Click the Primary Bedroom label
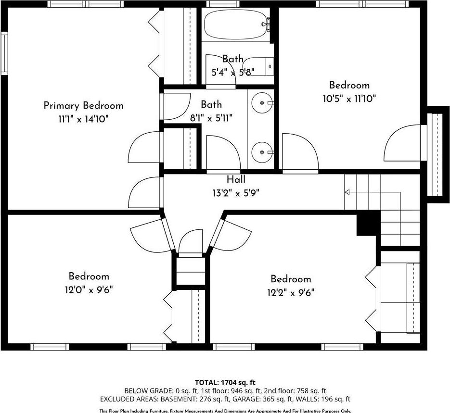tap(83, 105)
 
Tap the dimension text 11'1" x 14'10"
tap(83, 119)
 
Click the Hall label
tap(236, 179)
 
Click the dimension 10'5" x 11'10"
tap(349, 99)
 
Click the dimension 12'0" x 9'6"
tap(89, 289)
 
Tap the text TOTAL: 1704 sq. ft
tap(225, 382)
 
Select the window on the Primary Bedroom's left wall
tap(4, 53)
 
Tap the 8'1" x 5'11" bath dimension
tap(211, 118)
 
